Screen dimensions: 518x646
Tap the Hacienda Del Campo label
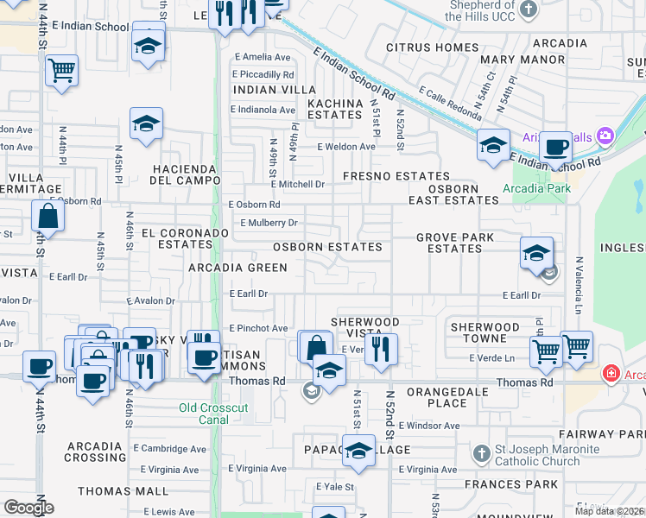183,174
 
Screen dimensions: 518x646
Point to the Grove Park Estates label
455,243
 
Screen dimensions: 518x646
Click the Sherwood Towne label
485,333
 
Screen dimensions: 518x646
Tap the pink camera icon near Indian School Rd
605,136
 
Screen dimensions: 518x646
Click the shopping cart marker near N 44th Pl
61,71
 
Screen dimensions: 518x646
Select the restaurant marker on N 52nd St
380,348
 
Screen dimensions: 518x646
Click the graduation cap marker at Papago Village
358,451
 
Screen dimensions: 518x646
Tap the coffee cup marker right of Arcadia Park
556,147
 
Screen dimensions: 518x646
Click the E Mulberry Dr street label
269,223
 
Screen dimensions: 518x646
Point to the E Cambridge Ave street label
170,449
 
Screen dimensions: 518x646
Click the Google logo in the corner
28,508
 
